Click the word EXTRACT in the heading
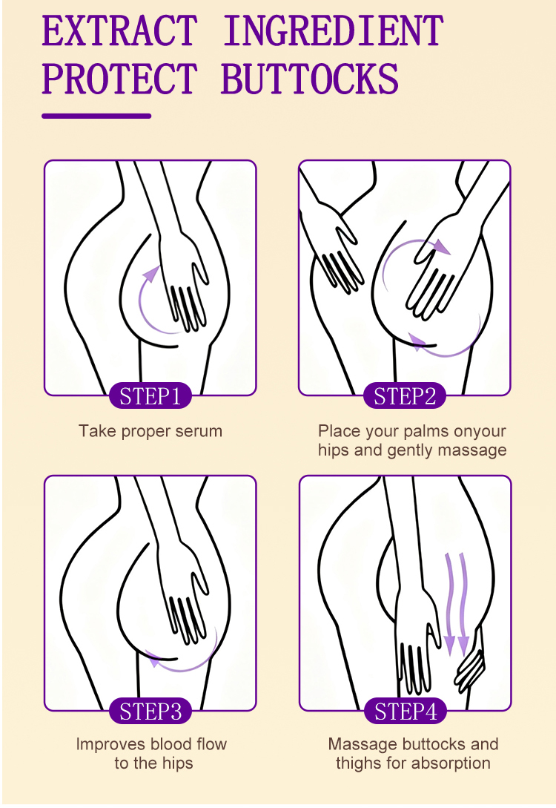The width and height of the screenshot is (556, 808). click(119, 31)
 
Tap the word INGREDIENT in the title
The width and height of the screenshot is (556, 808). click(333, 31)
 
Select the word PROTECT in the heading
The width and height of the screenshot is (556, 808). click(119, 79)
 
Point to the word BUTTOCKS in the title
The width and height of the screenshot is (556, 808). click(310, 79)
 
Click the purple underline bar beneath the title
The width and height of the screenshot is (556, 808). click(96, 116)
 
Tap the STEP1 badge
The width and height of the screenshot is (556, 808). click(150, 395)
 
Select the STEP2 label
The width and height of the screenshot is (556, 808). click(405, 395)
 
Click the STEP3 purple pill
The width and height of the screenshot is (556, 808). click(150, 711)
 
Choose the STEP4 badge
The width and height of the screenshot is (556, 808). click(406, 711)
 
